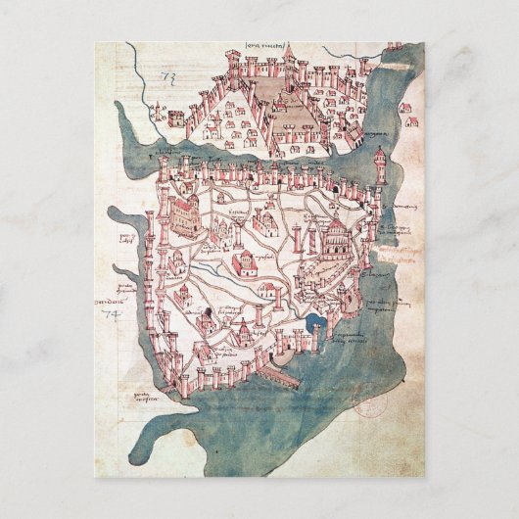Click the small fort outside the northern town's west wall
[x=176, y=117]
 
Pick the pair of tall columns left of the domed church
[x=312, y=239]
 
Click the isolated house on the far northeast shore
[x=411, y=122]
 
